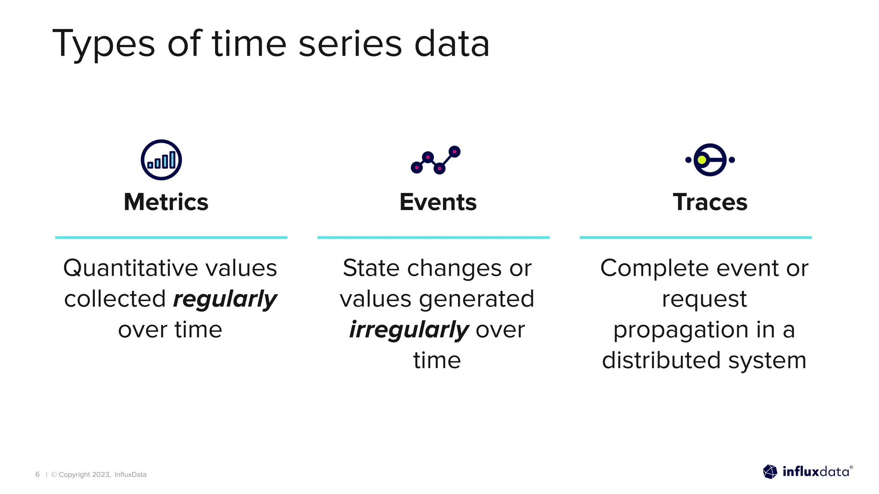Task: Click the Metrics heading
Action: (166, 202)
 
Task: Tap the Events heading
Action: (438, 202)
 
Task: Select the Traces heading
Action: (710, 202)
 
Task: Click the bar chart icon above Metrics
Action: (161, 160)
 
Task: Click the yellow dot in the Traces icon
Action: (702, 160)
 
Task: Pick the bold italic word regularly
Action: (225, 299)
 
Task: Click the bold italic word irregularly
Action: (409, 330)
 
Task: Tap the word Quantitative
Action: (130, 268)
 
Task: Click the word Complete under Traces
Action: (654, 268)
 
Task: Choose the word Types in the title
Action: (103, 44)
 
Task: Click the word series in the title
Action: (350, 44)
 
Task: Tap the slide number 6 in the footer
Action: (37, 474)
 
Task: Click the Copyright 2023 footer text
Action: (85, 474)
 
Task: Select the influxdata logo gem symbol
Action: (770, 472)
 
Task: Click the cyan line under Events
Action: (433, 237)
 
